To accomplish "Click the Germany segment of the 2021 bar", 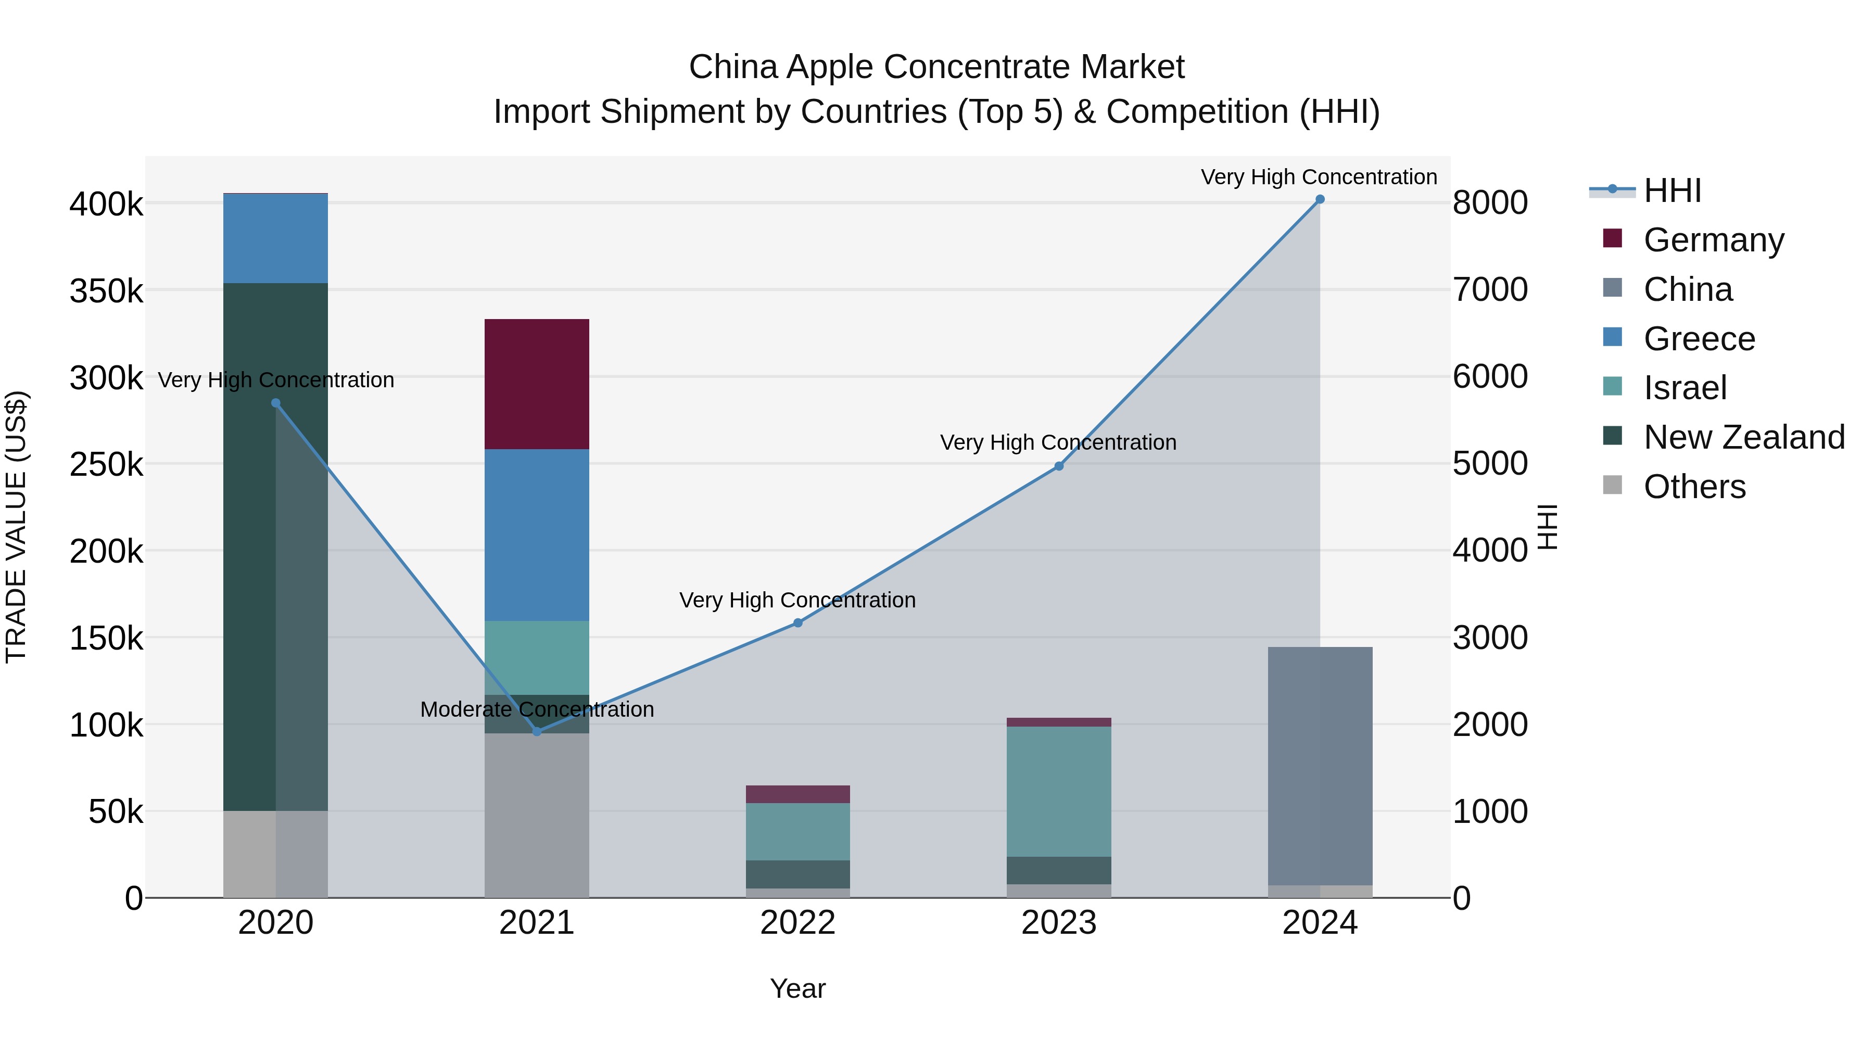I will click(x=537, y=384).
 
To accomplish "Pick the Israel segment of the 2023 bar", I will click(x=1058, y=791).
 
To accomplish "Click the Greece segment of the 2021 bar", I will click(x=537, y=535).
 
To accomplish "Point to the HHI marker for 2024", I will click(x=1320, y=199).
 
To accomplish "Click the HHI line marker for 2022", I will click(x=797, y=623).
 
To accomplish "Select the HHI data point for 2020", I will click(x=276, y=403).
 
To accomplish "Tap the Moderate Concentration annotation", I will click(x=537, y=709).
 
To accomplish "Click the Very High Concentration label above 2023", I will click(x=1058, y=442).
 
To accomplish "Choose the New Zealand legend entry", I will click(x=1744, y=437).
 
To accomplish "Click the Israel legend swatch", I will click(x=1612, y=387).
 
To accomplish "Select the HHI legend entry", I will click(x=1672, y=191).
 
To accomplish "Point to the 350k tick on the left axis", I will click(x=106, y=291).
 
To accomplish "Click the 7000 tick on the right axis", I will click(x=1490, y=289).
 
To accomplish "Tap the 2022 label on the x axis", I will click(x=797, y=923).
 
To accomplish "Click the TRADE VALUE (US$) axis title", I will click(x=16, y=527).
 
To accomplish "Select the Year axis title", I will click(x=797, y=988).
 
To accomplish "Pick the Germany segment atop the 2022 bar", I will click(x=797, y=794).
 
